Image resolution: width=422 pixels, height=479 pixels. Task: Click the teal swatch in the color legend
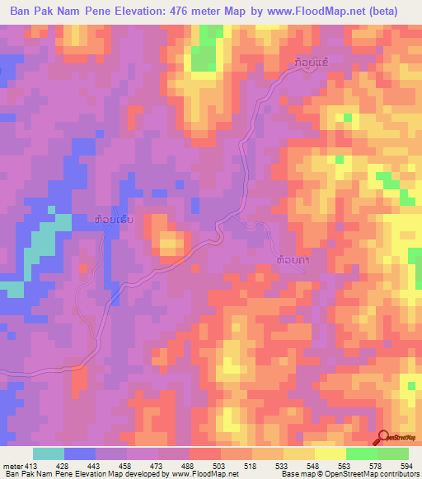(49, 453)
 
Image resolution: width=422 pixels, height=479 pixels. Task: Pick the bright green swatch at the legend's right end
(392, 453)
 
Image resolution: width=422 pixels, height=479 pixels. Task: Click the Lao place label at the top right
(314, 62)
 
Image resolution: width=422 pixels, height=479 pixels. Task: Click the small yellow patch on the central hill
(171, 242)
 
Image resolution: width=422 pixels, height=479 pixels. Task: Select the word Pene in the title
(106, 12)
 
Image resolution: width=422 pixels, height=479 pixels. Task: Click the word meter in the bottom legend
(12, 465)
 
